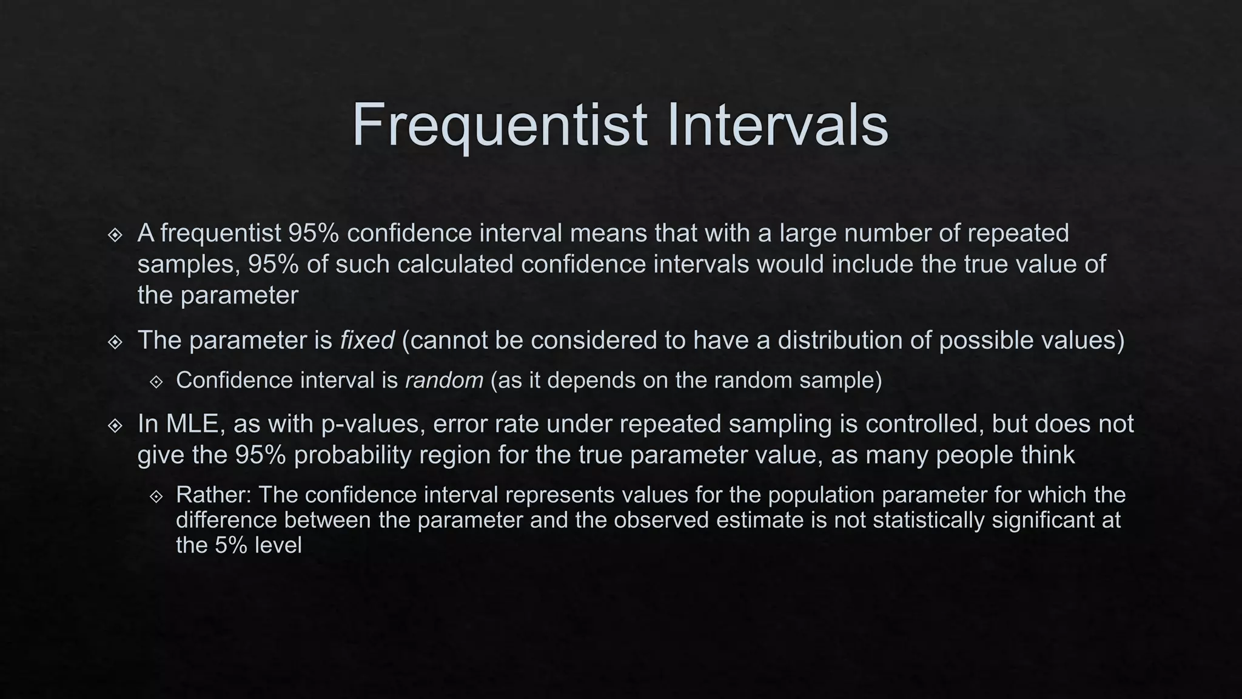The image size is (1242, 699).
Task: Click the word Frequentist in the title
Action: click(x=499, y=125)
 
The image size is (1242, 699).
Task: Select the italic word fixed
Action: click(x=367, y=340)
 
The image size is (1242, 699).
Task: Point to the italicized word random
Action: click(x=444, y=380)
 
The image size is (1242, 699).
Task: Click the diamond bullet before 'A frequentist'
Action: click(x=115, y=235)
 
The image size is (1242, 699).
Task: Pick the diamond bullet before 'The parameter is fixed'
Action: click(x=115, y=342)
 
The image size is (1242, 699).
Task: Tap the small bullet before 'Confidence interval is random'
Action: click(x=156, y=382)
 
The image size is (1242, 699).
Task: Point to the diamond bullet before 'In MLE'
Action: click(x=115, y=425)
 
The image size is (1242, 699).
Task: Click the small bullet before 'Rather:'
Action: click(x=156, y=496)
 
